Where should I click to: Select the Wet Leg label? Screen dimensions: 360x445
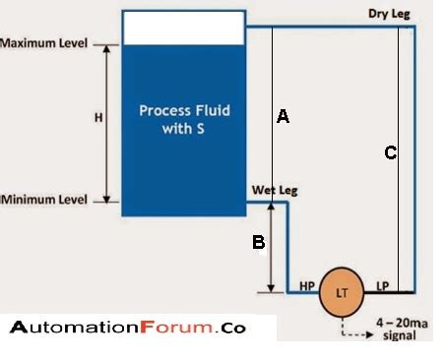[275, 189]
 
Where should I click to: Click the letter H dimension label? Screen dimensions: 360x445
[97, 118]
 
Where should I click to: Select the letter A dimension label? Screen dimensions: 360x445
[283, 117]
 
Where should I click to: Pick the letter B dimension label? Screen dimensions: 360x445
[258, 242]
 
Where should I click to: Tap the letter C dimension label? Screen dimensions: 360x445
[391, 152]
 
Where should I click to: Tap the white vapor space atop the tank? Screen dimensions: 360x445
[182, 28]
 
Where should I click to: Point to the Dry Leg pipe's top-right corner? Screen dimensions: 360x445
[414, 27]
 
